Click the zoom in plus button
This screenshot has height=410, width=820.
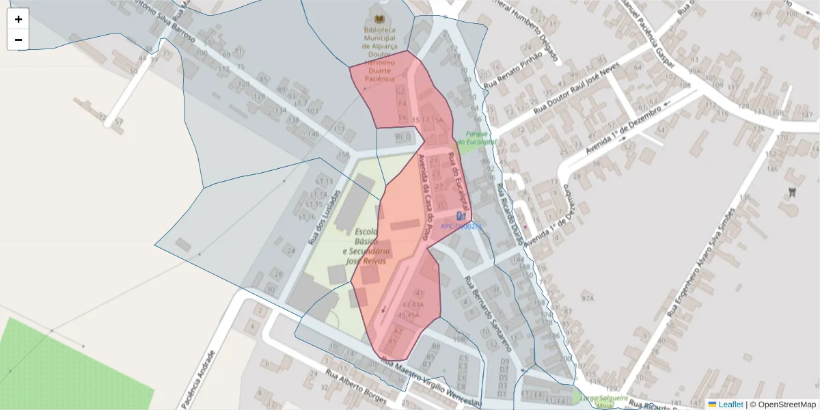click(18, 19)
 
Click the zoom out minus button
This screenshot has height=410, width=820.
click(18, 40)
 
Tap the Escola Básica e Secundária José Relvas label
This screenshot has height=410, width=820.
click(367, 246)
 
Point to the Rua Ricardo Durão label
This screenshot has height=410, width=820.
click(509, 215)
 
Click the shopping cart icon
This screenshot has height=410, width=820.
click(791, 191)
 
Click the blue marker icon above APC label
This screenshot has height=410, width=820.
click(461, 216)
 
